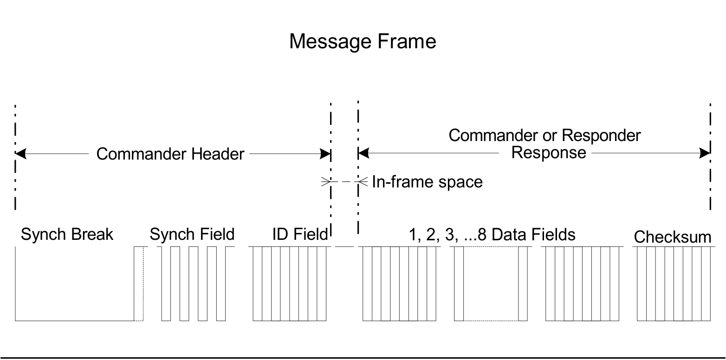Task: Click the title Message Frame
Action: tap(363, 41)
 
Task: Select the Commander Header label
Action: tap(170, 154)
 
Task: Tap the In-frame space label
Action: tap(427, 182)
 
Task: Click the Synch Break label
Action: tap(67, 234)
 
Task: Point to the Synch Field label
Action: tap(192, 234)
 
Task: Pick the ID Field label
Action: tap(300, 234)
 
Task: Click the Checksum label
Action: tap(672, 237)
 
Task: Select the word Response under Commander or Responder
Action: tap(548, 152)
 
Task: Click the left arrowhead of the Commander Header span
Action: tap(20, 154)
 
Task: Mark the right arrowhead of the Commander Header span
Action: tap(325, 154)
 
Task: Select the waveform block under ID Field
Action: tap(290, 283)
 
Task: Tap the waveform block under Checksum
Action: tap(674, 283)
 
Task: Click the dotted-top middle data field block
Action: tap(491, 283)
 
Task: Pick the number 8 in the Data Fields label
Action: tap(482, 234)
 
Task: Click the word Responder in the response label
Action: tap(602, 135)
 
